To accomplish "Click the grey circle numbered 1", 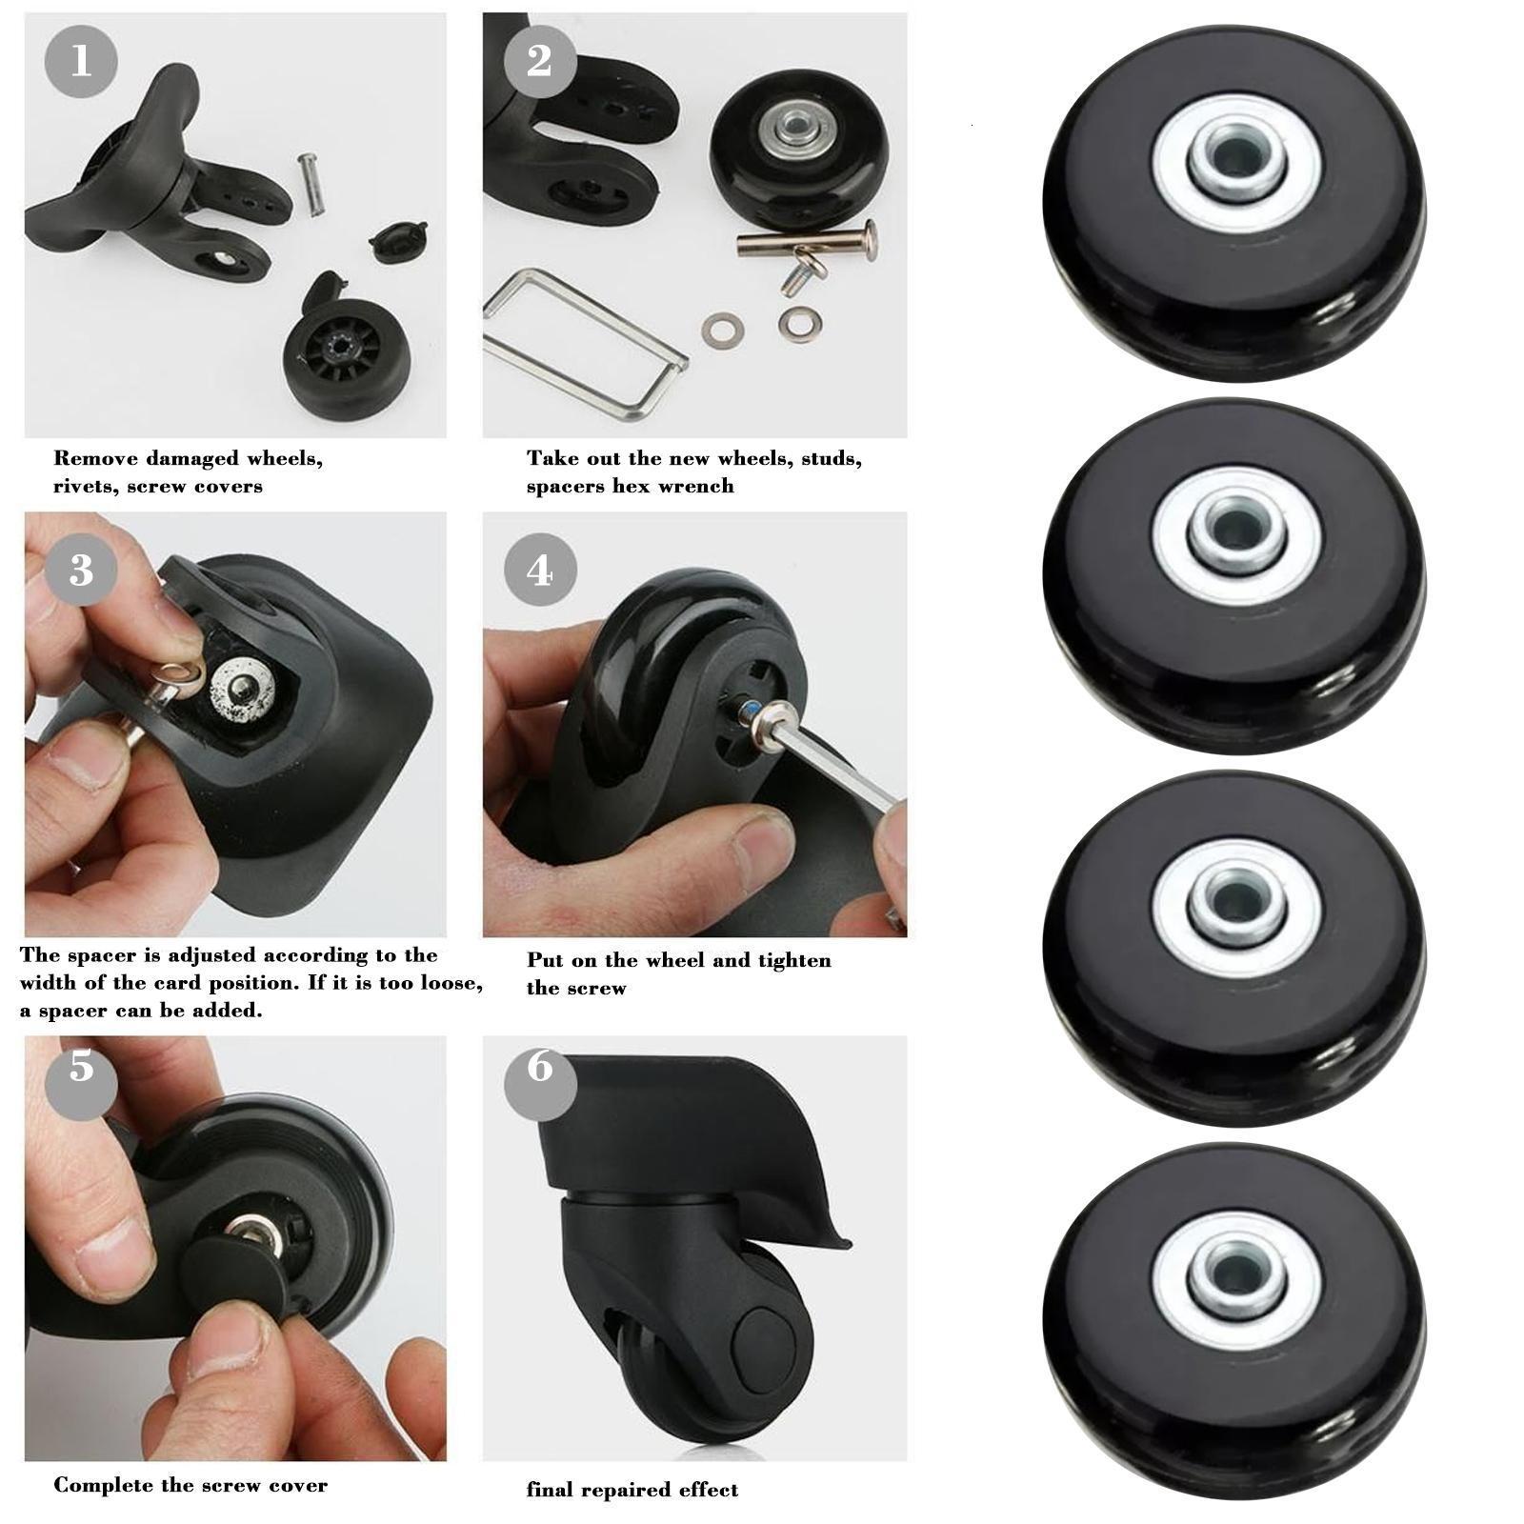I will (x=81, y=61).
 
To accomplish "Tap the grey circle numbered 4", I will (x=540, y=570).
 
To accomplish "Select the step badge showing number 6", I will (x=540, y=1066).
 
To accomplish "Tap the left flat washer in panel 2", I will (x=720, y=331).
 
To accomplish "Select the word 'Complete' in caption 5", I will (x=95, y=1485).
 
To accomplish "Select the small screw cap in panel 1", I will (x=398, y=241).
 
